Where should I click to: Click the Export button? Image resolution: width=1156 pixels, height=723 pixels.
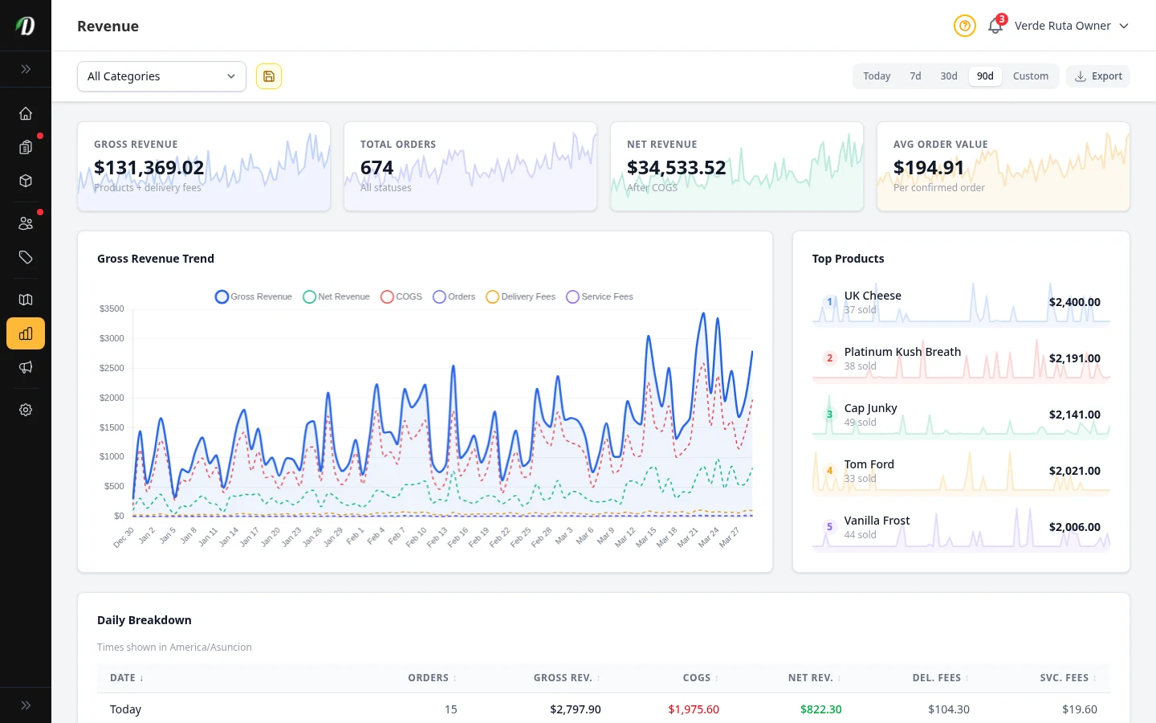1098,76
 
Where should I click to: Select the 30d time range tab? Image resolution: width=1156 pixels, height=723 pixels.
948,76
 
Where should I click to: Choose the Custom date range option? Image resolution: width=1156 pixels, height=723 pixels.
1030,76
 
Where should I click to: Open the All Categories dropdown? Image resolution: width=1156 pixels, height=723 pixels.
161,76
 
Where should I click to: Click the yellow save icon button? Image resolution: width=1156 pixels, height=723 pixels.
269,76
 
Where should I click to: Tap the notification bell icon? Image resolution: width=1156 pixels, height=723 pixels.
995,27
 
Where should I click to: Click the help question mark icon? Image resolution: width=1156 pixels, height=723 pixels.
964,26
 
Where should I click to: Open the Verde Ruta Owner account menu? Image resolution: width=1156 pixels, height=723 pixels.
1071,26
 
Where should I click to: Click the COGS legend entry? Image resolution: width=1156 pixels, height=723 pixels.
401,296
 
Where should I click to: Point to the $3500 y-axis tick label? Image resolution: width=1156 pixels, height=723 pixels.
112,308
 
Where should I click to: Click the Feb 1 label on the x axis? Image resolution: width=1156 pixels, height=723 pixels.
355,536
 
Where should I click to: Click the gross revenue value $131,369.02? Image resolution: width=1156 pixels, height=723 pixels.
149,168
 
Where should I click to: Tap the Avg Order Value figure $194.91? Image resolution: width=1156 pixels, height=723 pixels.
928,168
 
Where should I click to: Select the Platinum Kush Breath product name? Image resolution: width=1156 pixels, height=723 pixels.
902,352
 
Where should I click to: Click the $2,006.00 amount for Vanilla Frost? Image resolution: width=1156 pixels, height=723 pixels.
1074,527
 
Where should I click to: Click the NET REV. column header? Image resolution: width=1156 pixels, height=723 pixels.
810,678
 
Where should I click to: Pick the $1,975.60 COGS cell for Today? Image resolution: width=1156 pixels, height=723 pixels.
694,709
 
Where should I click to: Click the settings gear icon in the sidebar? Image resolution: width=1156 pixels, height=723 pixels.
26,410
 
